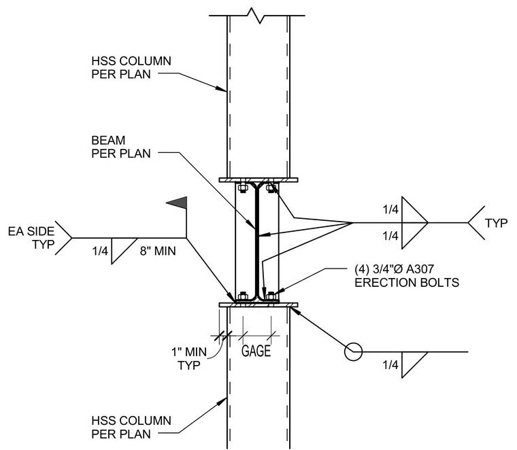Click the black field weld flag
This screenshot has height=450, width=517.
(x=179, y=203)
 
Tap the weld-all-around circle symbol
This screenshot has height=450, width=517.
(x=353, y=351)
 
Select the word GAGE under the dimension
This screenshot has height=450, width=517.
(x=256, y=351)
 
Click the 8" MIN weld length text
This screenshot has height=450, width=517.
(x=158, y=251)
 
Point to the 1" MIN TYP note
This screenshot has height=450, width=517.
(x=189, y=358)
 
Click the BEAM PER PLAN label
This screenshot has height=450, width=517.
(x=121, y=147)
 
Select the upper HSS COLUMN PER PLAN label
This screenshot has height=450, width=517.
(x=131, y=67)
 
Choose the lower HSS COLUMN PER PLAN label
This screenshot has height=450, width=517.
(x=131, y=428)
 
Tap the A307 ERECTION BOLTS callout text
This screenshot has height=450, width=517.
(x=407, y=276)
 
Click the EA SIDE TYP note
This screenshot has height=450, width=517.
(x=31, y=238)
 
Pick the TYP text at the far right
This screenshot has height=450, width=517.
(x=496, y=224)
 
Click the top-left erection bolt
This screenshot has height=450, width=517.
(x=243, y=188)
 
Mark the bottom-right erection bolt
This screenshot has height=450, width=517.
(x=271, y=296)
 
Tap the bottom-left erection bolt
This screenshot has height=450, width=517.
(x=243, y=296)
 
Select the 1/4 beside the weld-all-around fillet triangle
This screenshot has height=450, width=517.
(x=390, y=365)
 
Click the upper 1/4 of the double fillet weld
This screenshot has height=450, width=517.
(x=390, y=209)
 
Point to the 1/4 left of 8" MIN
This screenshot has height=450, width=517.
(x=100, y=251)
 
